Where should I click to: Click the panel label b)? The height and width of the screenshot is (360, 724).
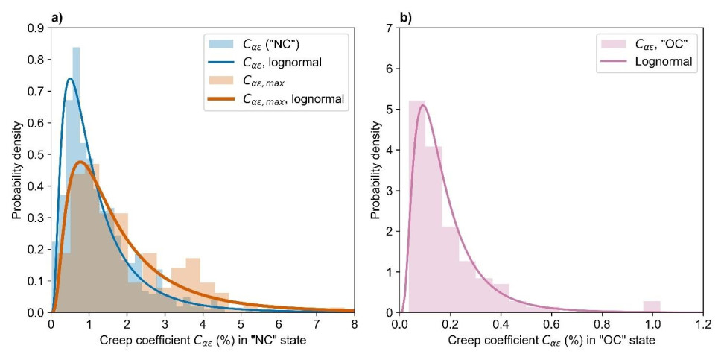404,16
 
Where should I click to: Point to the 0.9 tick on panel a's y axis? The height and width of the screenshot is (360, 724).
36,28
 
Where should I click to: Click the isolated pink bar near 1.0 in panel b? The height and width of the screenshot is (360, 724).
652,306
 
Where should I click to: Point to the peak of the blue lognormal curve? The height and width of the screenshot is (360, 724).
70,78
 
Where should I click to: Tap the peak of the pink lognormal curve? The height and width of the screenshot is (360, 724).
423,105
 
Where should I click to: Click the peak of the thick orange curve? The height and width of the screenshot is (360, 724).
80,162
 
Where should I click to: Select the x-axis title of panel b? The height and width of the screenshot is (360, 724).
551,340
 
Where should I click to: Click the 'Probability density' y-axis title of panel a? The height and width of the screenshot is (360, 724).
16,170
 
